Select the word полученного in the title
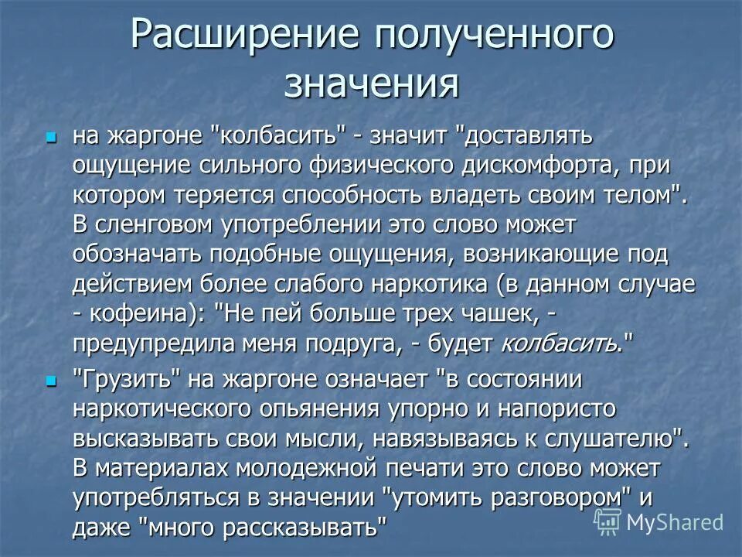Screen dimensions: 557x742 pos(494,37)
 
